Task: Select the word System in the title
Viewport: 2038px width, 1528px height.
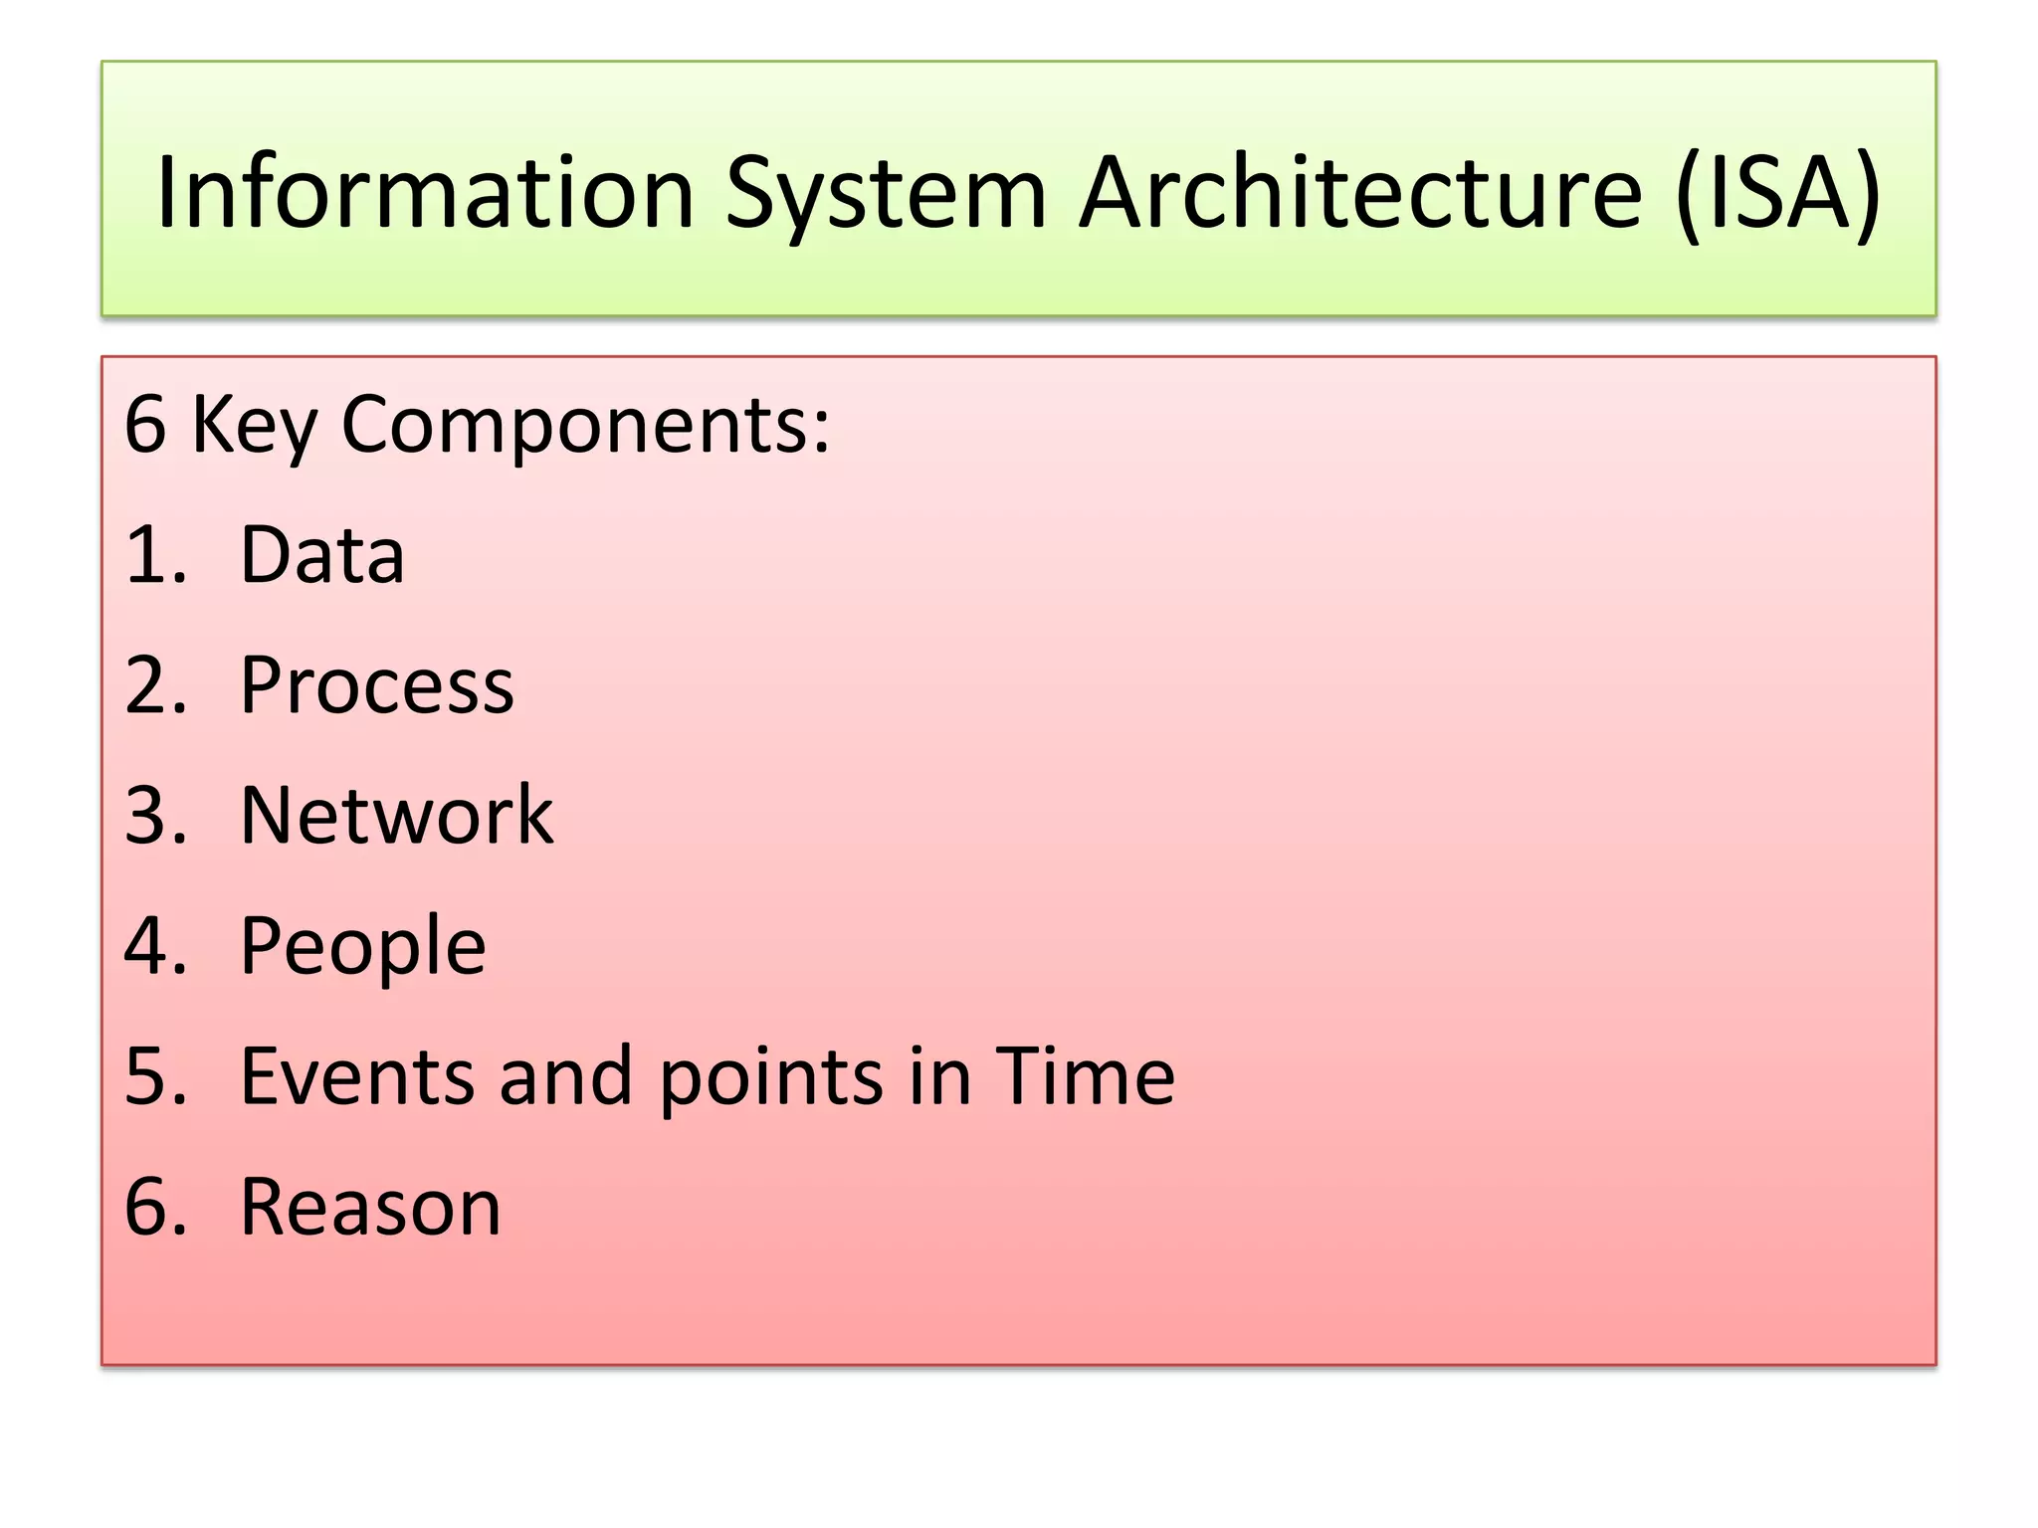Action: [885, 194]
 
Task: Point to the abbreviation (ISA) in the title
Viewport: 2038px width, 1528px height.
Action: [1778, 194]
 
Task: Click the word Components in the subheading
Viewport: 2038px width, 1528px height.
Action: [585, 426]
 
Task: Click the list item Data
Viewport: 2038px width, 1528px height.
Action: [322, 554]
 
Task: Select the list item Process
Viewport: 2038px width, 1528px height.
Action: [377, 685]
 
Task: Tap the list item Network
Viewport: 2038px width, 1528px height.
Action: [396, 815]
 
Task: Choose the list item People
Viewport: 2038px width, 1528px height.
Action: [363, 947]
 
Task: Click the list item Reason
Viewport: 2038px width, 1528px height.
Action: [370, 1207]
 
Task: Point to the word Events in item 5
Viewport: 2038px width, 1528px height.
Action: [355, 1076]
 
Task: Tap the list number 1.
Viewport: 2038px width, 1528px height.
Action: [154, 554]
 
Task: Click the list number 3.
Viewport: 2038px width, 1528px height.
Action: [155, 816]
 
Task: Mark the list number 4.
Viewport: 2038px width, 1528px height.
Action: [155, 946]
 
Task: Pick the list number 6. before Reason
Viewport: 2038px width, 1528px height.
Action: [155, 1207]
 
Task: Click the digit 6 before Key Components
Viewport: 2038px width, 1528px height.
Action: [145, 425]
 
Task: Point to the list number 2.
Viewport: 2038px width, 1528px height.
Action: [155, 685]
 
